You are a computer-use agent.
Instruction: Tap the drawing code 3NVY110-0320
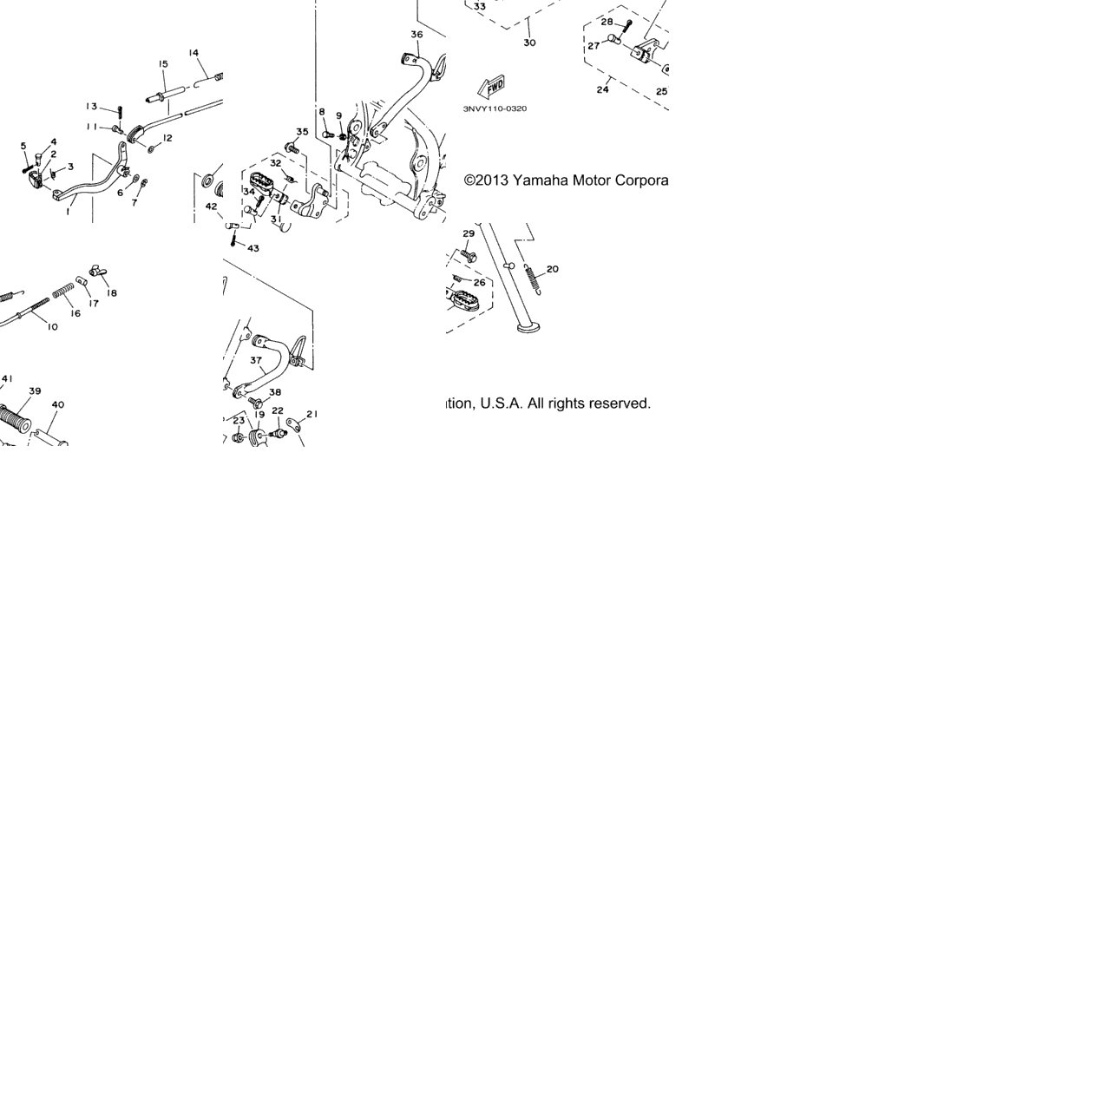tap(495, 108)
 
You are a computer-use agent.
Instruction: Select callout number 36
tap(416, 35)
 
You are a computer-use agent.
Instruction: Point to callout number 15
tap(163, 63)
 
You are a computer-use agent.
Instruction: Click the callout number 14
tap(193, 53)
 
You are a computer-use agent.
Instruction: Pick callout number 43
tap(253, 248)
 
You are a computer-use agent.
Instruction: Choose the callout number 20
tap(553, 269)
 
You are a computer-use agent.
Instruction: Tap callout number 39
tap(35, 391)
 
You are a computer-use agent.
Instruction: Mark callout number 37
tap(256, 360)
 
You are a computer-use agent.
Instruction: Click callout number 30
tap(529, 43)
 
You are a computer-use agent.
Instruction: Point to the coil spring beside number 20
tap(533, 279)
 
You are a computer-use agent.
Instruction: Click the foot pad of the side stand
tap(528, 328)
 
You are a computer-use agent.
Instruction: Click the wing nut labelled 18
tap(96, 270)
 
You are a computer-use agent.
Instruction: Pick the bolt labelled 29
tap(468, 254)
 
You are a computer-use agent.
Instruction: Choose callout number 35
tap(302, 132)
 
